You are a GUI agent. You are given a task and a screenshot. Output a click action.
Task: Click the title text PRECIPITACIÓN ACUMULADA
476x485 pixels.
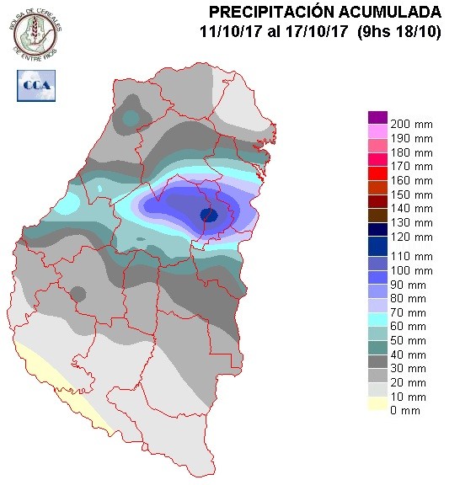pyautogui.click(x=324, y=12)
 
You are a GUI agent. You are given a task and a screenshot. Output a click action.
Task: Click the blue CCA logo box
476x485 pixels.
pyautogui.click(x=35, y=84)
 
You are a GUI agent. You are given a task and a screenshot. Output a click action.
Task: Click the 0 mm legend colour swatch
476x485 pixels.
pyautogui.click(x=377, y=410)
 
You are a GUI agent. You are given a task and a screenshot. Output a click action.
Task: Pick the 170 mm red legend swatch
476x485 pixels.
pyautogui.click(x=377, y=169)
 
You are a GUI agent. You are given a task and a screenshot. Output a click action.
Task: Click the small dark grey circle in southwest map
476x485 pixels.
pyautogui.click(x=78, y=294)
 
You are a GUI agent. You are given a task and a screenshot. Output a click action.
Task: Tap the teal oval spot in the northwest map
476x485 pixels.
pyautogui.click(x=130, y=119)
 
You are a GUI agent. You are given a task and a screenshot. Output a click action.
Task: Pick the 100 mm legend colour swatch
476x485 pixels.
pyautogui.click(x=377, y=269)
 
